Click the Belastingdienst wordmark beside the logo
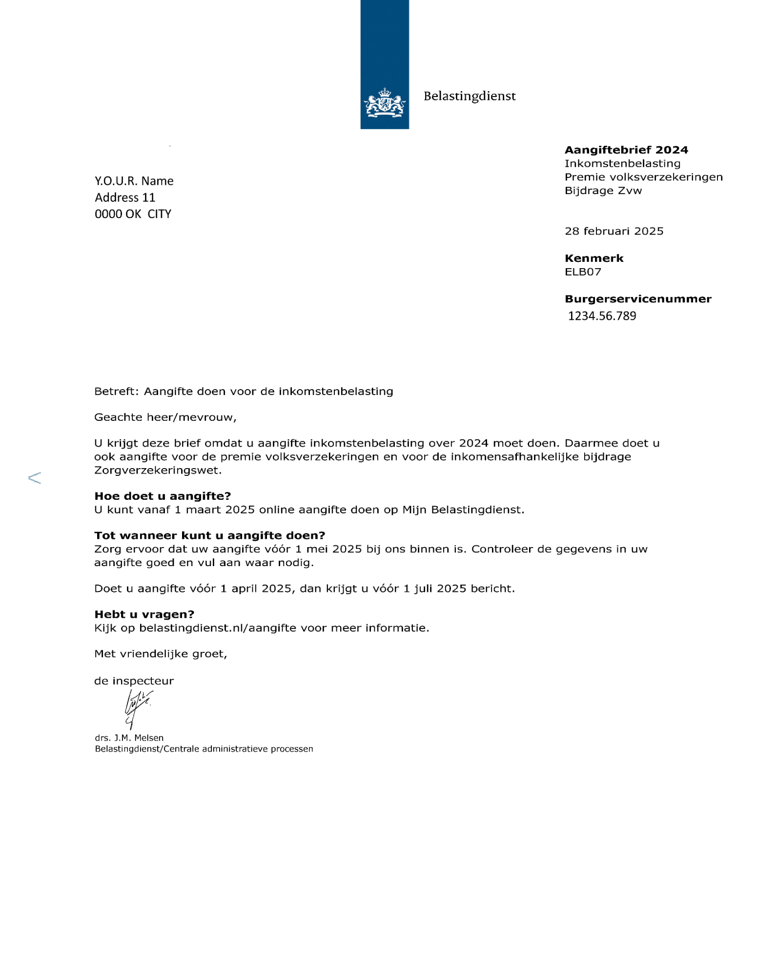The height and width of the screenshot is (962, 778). [x=469, y=96]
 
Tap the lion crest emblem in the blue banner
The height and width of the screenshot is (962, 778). [x=385, y=103]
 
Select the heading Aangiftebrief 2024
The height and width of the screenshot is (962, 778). [x=626, y=150]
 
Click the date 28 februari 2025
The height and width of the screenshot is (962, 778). [x=614, y=231]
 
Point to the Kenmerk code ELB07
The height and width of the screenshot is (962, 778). [x=583, y=272]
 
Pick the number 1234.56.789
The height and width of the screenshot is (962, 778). [x=602, y=316]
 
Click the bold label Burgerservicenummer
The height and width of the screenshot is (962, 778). [x=638, y=299]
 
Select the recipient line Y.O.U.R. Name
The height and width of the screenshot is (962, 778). [x=134, y=181]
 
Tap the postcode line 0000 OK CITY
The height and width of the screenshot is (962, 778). [x=133, y=214]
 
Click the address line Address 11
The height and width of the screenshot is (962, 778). [x=125, y=197]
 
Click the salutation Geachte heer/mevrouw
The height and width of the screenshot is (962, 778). [x=165, y=417]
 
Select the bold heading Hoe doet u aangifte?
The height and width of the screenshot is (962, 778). [x=163, y=496]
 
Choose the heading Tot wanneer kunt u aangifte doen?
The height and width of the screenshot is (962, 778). [x=210, y=536]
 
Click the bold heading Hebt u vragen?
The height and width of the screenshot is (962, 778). [x=144, y=614]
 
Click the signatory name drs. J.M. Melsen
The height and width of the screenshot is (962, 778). [x=129, y=738]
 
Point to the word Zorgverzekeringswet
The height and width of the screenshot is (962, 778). [x=158, y=471]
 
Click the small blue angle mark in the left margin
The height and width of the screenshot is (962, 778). [x=35, y=478]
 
